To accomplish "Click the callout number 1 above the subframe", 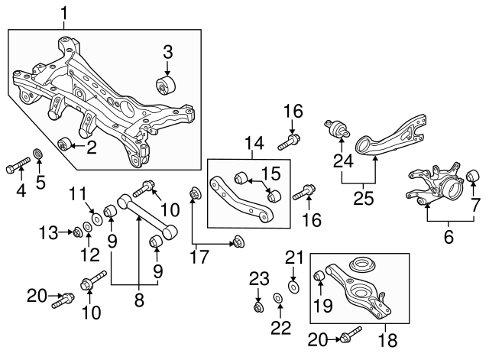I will [x=64, y=12].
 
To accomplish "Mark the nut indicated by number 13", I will [x=78, y=231].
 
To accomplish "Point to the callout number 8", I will [x=138, y=300].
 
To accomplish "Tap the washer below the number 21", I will [x=293, y=288].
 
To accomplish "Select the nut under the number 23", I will [x=258, y=308].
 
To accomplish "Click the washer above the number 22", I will [x=279, y=297].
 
